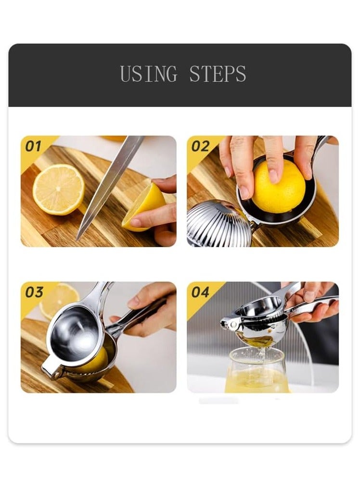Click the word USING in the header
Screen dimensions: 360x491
tap(149, 74)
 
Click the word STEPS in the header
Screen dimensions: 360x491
tap(218, 74)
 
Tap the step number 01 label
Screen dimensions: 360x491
tap(33, 146)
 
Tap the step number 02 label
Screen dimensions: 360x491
tap(200, 146)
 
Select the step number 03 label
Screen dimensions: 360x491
tap(34, 292)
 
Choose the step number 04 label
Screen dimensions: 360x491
tap(200, 292)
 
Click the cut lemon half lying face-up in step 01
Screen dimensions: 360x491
tap(59, 189)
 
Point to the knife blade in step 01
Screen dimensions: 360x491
tap(108, 185)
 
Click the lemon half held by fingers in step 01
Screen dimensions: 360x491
tap(143, 207)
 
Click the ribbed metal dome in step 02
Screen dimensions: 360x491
tap(219, 223)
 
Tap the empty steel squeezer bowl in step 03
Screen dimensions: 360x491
tap(75, 334)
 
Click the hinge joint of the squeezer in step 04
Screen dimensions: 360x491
tap(230, 323)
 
